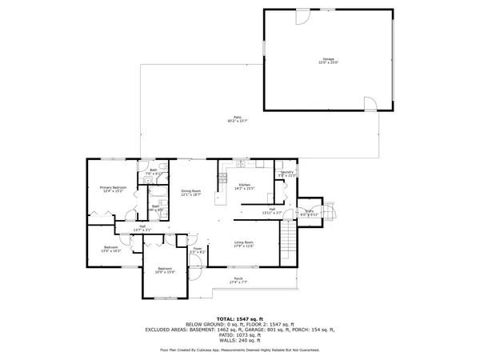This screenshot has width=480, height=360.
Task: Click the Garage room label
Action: coord(328,61)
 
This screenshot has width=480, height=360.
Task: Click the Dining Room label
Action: coord(190,193)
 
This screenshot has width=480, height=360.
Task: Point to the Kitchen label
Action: coord(245,186)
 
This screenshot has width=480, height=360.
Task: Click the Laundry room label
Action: coord(286,173)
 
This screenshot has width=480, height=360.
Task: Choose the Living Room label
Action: coord(243,244)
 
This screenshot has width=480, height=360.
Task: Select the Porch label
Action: coord(238,280)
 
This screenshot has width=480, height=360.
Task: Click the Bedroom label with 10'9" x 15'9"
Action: coord(165,270)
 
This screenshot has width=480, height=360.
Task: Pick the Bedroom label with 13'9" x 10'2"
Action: coord(111,249)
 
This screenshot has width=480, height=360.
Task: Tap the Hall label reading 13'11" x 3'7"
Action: coord(272,211)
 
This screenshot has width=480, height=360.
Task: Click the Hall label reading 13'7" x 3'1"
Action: coord(142,228)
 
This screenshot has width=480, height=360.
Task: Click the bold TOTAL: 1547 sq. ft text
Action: coord(240,319)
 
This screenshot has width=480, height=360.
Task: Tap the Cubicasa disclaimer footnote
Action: coord(240,350)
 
